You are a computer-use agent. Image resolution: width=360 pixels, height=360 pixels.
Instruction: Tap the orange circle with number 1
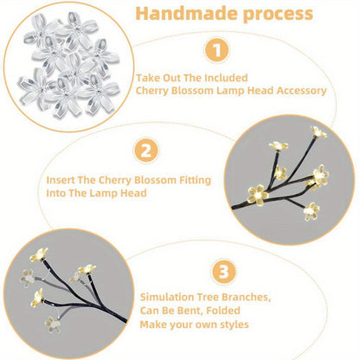(x=218, y=50)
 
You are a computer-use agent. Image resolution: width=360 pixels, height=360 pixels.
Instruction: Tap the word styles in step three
(x=231, y=325)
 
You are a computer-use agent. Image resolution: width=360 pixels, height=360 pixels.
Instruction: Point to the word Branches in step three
(x=246, y=297)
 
